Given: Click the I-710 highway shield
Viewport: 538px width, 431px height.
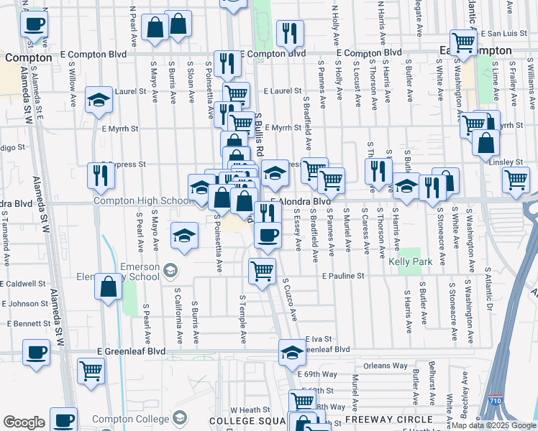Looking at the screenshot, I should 495,399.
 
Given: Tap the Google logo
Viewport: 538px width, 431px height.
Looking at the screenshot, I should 23,422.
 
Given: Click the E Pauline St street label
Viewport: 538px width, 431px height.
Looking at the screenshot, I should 343,276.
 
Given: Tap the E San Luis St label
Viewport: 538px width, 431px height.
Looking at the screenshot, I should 503,33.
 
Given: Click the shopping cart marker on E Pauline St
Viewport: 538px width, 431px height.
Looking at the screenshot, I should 262,271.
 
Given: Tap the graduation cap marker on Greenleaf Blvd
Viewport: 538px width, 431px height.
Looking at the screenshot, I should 291,352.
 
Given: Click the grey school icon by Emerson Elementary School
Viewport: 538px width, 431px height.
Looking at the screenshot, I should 170,271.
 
